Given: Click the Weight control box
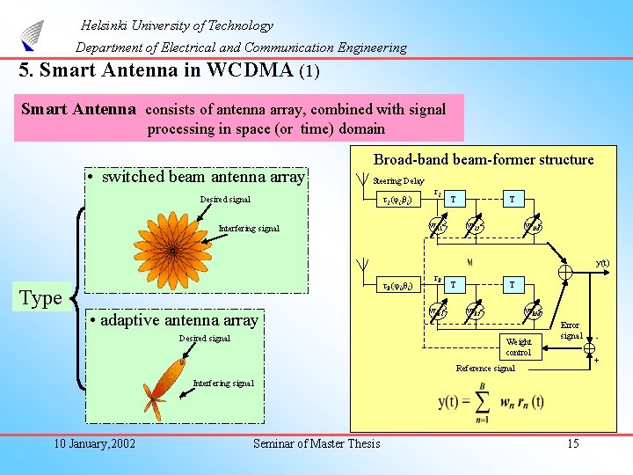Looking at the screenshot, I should tap(519, 347).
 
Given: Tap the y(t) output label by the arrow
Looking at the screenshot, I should tap(604, 262).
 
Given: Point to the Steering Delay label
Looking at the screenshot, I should tap(398, 180).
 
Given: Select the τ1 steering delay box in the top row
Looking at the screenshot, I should tap(402, 200).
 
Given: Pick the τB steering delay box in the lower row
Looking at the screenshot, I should tap(402, 286).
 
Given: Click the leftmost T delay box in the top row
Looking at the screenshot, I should tap(453, 200).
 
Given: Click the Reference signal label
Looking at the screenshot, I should tap(485, 369).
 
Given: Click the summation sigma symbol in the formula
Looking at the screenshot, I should tap(483, 403).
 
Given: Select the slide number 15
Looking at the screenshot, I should tap(572, 443).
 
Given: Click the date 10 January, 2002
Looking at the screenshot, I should tap(93, 443).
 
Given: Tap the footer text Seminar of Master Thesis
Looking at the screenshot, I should tap(316, 443).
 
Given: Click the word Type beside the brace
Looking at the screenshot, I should tap(40, 297).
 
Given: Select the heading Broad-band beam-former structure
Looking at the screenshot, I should tap(484, 159).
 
